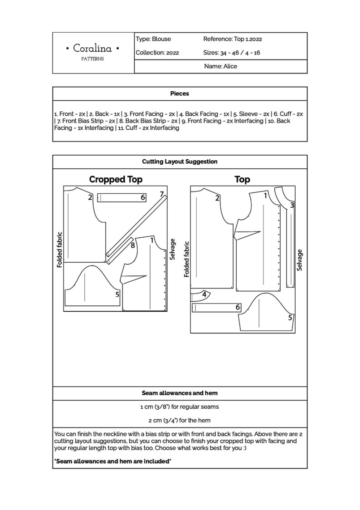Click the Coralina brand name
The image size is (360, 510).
[93, 48]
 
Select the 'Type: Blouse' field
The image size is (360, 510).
[153, 39]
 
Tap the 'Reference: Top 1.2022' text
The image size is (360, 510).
[233, 39]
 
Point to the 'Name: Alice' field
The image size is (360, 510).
[220, 66]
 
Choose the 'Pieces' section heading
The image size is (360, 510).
[180, 93]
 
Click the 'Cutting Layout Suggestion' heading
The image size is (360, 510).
[180, 162]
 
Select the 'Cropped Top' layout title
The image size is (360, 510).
[116, 179]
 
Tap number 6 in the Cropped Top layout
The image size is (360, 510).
[143, 197]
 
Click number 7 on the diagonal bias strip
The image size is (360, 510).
[162, 194]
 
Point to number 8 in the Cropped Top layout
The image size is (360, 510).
[133, 245]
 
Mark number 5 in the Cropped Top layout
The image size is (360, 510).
[117, 294]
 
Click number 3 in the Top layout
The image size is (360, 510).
[292, 205]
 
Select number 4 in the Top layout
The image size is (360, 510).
[204, 294]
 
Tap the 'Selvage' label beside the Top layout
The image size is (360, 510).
[299, 260]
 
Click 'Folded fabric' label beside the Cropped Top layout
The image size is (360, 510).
[59, 249]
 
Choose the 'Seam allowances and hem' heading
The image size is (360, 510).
[180, 393]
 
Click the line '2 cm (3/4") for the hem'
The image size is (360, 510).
[180, 420]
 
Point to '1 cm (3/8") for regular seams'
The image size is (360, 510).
[180, 407]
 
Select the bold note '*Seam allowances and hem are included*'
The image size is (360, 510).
[112, 461]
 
